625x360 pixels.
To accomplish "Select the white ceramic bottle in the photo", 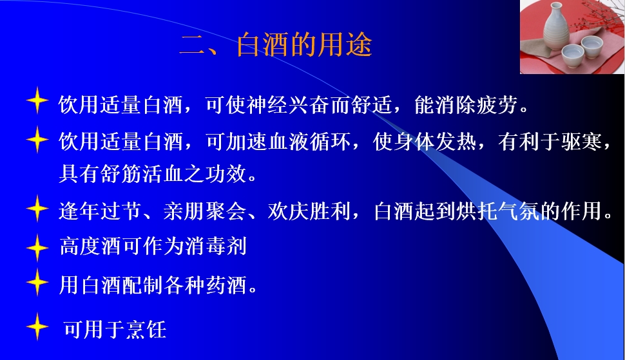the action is (555, 26).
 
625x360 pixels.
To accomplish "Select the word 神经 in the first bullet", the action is (267, 105).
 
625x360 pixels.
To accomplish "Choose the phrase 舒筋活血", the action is (142, 174).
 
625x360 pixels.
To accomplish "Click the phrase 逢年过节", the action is (101, 211).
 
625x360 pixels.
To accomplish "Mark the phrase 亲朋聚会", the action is (205, 211).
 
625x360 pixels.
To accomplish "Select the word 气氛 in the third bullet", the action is (519, 211).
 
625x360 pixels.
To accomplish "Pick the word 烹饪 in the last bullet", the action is (146, 329).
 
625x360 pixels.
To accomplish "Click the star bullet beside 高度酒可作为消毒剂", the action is (37, 247).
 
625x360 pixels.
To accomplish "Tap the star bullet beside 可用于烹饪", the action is (37, 326).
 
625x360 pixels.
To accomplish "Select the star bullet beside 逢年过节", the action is (37, 208).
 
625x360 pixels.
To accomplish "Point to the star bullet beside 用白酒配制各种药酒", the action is (37, 282).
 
